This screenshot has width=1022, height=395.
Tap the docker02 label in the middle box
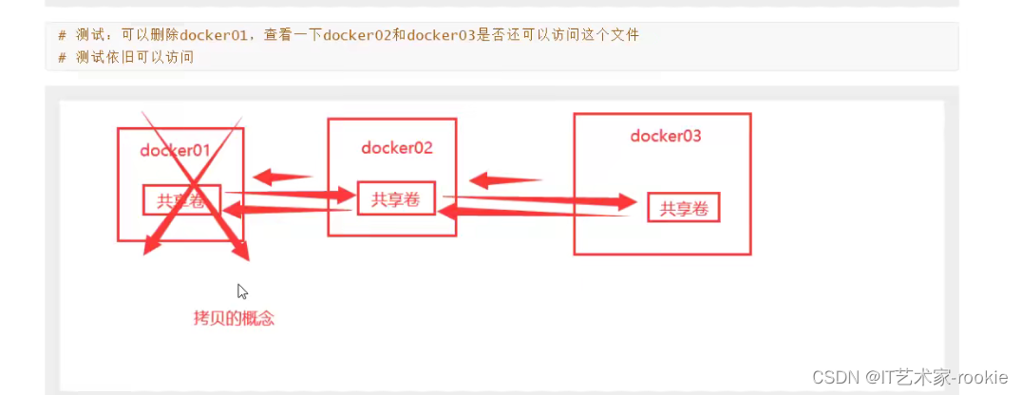tap(397, 147)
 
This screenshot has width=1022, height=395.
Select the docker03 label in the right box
tap(666, 136)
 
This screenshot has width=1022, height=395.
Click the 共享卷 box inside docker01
tap(181, 199)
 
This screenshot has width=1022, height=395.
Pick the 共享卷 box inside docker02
tap(396, 198)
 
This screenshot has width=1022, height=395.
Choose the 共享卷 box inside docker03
tap(684, 208)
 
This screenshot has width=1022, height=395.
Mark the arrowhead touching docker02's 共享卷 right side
tap(446, 213)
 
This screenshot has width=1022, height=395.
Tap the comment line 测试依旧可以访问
tap(134, 57)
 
